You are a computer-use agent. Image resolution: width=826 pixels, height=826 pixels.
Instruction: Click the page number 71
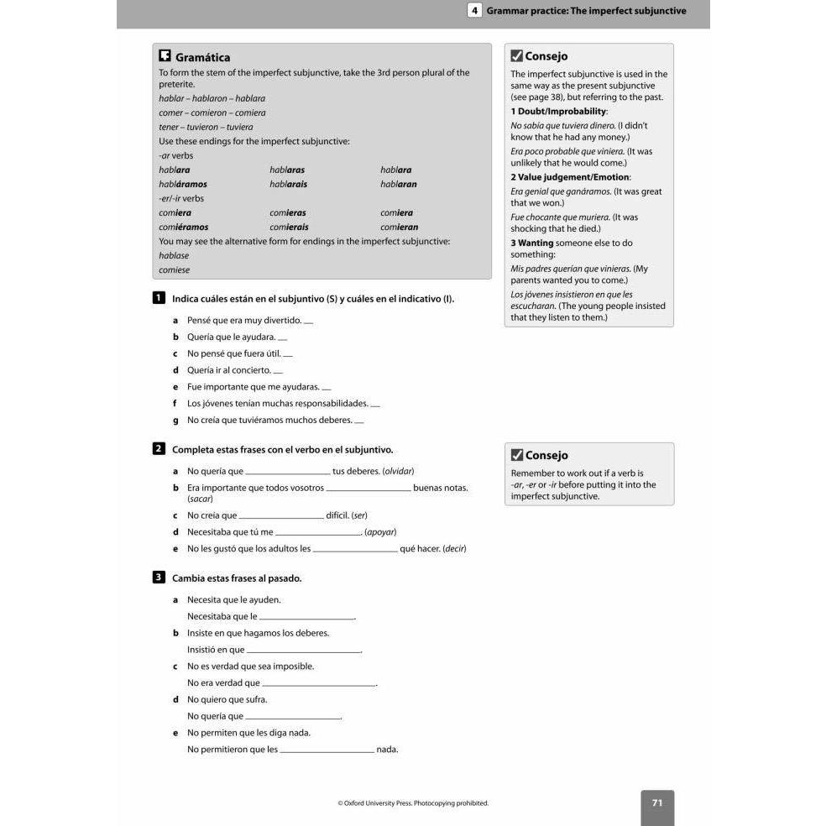tap(657, 803)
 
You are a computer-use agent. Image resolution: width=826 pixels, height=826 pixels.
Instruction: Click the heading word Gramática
tap(202, 58)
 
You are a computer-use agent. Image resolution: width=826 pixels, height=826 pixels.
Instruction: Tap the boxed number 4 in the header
tap(475, 11)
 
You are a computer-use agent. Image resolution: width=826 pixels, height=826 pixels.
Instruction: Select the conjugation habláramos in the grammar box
tap(183, 184)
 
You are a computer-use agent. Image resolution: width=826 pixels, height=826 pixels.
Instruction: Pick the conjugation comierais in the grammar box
tap(289, 227)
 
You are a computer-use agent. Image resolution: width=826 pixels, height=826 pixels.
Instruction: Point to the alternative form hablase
tap(174, 255)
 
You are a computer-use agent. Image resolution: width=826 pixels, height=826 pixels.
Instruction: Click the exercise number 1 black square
tap(159, 298)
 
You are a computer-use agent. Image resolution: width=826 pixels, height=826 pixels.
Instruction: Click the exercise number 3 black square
tap(159, 578)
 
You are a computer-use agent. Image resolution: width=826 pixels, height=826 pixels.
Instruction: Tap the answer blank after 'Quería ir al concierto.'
tap(278, 372)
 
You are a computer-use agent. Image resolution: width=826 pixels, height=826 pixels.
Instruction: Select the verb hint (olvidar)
tap(398, 471)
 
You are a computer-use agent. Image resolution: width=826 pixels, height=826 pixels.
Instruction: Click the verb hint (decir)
tap(454, 548)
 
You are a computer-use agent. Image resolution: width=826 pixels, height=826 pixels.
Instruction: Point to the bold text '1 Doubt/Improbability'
tap(559, 112)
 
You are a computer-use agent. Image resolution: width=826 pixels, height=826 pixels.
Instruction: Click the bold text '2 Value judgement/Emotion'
tap(571, 177)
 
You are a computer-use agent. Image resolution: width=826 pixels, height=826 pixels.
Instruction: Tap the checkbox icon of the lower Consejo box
tap(517, 455)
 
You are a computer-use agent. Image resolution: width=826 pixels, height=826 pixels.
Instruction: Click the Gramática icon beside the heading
tap(165, 56)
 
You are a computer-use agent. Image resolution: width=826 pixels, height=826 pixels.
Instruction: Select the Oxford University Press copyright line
tap(413, 803)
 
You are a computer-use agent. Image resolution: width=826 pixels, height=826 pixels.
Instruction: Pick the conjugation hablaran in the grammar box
tap(399, 184)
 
